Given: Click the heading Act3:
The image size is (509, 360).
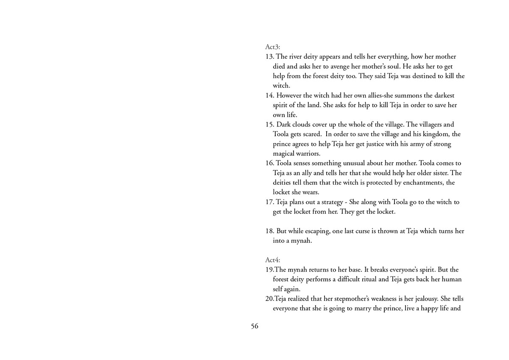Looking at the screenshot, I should click(272, 47).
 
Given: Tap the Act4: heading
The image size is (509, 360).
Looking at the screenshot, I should click(272, 260).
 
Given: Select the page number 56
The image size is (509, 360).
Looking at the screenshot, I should click(255, 326).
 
